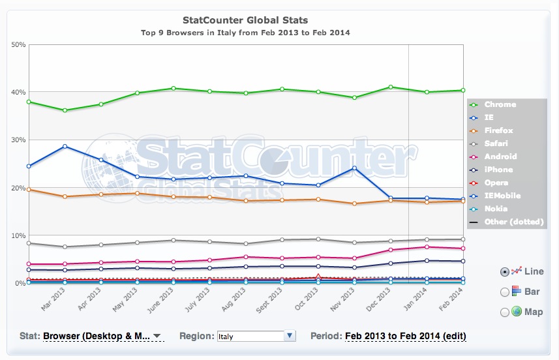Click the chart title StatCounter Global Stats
[x=245, y=20]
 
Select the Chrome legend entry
[x=500, y=104]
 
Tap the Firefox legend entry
[x=498, y=130]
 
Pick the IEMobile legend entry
[x=502, y=196]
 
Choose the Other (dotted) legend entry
[x=511, y=222]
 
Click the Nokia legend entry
[x=496, y=209]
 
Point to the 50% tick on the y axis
[x=18, y=44]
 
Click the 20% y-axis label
[x=18, y=188]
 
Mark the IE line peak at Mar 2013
[x=64, y=146]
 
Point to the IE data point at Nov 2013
[x=354, y=168]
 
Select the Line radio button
[x=504, y=271]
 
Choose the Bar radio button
[x=504, y=292]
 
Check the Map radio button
[x=504, y=312]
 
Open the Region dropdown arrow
[x=290, y=336]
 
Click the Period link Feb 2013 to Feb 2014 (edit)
[x=405, y=336]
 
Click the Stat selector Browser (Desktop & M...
[x=102, y=336]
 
